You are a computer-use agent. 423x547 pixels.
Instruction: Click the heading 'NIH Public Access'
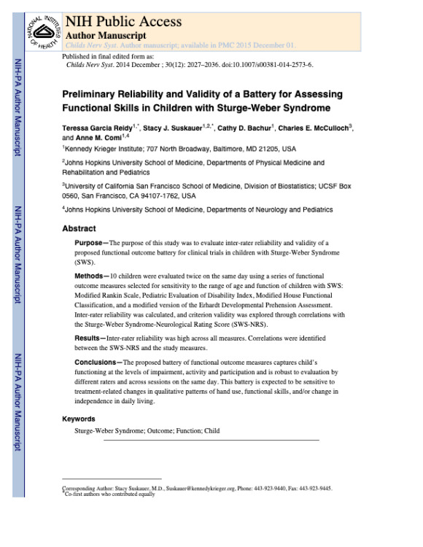point(123,21)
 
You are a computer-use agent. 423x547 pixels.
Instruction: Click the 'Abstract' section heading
point(79,228)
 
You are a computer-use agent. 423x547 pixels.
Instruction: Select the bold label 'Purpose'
point(90,242)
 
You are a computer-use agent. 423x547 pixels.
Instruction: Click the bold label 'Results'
point(90,338)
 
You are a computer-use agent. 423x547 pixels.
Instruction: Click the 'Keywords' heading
point(79,419)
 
